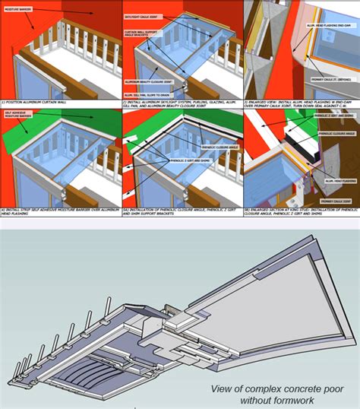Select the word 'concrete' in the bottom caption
coord(293,388)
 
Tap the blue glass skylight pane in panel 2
coord(175,46)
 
